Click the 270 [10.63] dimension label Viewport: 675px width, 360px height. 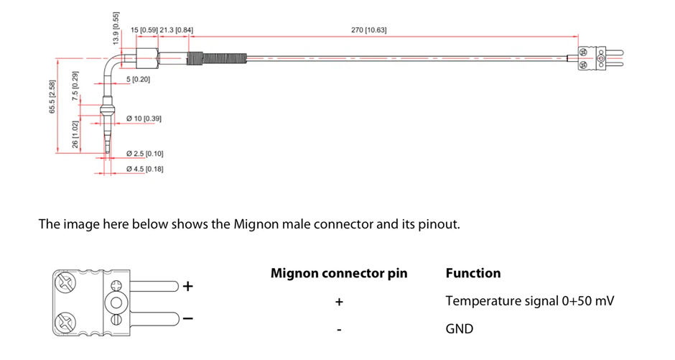369,30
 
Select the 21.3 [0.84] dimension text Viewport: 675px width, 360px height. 177,30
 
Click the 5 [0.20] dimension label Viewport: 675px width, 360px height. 139,79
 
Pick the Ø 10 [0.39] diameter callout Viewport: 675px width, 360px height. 143,118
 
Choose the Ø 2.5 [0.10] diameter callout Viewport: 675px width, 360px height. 144,154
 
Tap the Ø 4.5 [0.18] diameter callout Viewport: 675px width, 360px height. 144,169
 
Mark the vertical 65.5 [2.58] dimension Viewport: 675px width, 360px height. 52,96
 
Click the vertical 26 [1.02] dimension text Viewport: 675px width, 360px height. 75,134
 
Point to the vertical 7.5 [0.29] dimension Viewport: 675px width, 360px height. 75,84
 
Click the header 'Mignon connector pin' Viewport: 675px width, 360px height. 339,273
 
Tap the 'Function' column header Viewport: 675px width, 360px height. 473,273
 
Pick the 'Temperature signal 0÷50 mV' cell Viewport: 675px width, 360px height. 529,301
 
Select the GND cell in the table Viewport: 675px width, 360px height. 460,329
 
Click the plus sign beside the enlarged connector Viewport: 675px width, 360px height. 188,286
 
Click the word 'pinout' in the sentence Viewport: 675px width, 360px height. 437,224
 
